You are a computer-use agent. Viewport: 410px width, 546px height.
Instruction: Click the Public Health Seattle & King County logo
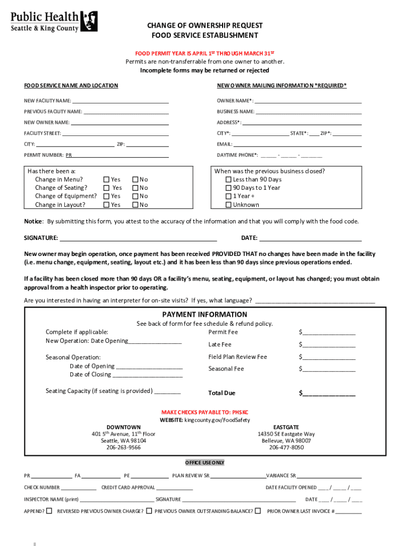click(x=54, y=21)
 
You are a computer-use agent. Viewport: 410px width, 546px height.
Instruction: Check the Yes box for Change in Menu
click(x=106, y=180)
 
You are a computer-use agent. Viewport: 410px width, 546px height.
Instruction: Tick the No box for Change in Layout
click(x=135, y=205)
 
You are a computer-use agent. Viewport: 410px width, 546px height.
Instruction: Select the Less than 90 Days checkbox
click(x=228, y=180)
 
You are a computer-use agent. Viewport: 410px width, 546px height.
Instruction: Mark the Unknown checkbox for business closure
click(x=228, y=205)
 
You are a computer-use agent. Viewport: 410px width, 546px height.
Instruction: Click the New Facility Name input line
click(x=120, y=101)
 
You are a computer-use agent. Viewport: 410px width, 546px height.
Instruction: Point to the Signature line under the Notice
click(x=138, y=238)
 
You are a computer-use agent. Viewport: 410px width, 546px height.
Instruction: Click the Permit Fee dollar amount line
click(x=329, y=332)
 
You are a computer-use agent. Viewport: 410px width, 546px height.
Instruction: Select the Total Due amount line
click(x=329, y=394)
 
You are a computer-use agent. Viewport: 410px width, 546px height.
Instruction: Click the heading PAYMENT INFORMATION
click(x=204, y=315)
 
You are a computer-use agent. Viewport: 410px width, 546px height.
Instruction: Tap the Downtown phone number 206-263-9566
click(x=124, y=448)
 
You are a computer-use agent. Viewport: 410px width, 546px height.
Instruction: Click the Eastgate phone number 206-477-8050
click(x=286, y=448)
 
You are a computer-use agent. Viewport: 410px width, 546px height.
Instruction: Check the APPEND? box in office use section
click(x=49, y=511)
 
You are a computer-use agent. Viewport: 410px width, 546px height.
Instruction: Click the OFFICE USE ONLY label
click(x=204, y=462)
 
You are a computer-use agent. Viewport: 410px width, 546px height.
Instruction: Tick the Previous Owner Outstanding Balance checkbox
click(x=258, y=511)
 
